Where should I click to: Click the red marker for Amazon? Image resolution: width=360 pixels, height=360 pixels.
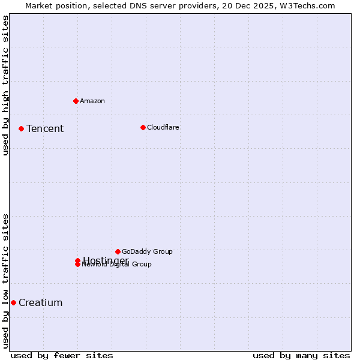coord(76,101)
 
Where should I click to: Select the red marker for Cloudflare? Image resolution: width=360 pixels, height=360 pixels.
coord(143,127)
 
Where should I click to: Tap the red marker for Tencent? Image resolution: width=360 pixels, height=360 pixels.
coord(21,128)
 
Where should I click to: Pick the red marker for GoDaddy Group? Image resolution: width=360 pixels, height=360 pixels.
coord(118,251)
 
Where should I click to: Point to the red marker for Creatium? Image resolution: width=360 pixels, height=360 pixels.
coord(13,302)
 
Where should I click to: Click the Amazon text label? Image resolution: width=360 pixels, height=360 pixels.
coord(92,101)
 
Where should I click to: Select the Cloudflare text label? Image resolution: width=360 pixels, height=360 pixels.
coord(163,127)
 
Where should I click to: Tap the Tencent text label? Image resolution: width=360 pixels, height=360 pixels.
coord(45,128)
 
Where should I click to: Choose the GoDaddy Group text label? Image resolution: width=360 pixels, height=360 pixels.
coord(147,251)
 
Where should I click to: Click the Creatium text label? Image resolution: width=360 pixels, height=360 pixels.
coord(41,302)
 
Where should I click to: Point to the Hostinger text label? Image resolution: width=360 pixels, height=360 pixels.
coord(106,260)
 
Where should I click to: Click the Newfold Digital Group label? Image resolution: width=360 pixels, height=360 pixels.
coord(117,265)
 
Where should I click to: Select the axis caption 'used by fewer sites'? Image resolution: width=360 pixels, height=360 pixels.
coord(62,355)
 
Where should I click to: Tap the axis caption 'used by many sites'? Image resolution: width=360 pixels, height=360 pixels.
coord(301,355)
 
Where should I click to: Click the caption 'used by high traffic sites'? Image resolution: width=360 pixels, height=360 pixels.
coord(6,85)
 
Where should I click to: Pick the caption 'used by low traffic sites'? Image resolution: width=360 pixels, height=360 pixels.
coord(6,281)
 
